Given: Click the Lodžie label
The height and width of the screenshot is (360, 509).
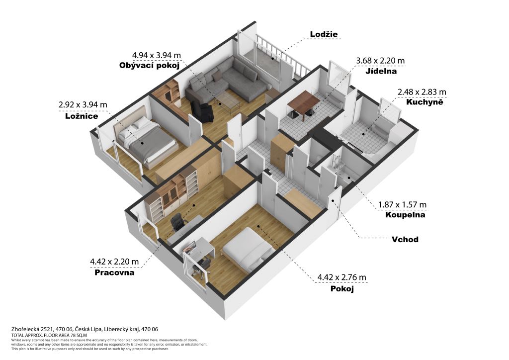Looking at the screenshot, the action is click(x=324, y=34).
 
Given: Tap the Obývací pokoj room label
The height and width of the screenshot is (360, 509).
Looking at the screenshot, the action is click(x=149, y=66).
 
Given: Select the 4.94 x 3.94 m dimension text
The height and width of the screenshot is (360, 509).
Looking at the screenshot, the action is click(x=157, y=56).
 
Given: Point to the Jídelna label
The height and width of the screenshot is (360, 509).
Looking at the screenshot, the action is click(x=381, y=71).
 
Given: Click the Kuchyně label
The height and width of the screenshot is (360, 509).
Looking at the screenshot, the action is click(x=424, y=102).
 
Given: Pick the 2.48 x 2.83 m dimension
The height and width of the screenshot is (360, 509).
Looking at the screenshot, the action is click(x=422, y=92).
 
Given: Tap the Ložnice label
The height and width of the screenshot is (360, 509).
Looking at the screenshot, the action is click(x=82, y=116).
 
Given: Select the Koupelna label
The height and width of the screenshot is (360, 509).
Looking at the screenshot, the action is click(x=405, y=215).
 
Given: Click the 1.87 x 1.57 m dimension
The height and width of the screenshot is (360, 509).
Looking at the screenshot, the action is click(x=402, y=205).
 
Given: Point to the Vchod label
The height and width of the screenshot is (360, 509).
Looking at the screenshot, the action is click(x=405, y=240).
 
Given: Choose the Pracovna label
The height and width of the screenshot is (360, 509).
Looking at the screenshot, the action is click(x=114, y=272).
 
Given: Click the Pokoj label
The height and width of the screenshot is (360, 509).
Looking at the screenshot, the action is click(x=342, y=288).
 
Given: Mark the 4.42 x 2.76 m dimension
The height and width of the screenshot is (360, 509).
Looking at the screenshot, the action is click(x=341, y=277).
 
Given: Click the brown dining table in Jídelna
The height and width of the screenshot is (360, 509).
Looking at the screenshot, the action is click(x=304, y=102).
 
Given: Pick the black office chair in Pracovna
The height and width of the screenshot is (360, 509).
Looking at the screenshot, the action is click(x=178, y=222).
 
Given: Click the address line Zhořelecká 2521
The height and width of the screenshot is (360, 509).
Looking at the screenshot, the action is click(x=85, y=329).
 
